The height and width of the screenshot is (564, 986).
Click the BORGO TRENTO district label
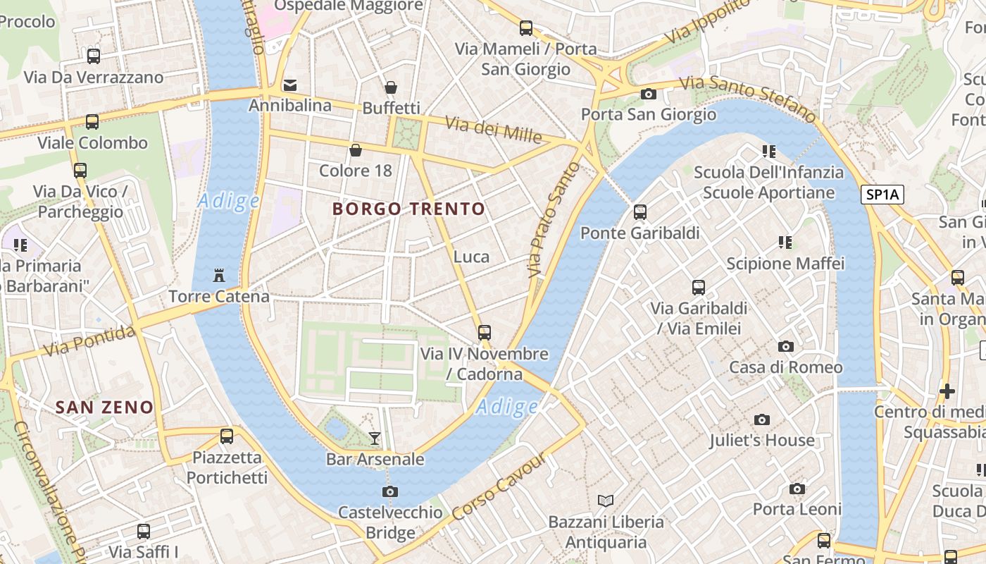(x=408, y=209)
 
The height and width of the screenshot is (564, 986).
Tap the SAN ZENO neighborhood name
(x=104, y=407)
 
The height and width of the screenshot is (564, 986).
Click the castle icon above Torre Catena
(x=218, y=274)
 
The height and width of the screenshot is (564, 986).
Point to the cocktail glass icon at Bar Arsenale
(x=375, y=438)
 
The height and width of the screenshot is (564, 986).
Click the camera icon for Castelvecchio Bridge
(x=390, y=491)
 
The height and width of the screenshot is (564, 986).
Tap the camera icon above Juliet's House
(x=761, y=419)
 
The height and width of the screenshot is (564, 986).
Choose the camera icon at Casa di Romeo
(x=785, y=346)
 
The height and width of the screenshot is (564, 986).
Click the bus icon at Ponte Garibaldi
(x=639, y=211)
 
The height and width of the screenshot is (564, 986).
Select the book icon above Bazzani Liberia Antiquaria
(x=606, y=501)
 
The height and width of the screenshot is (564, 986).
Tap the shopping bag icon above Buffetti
(x=391, y=87)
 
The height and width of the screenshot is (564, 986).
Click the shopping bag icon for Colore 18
(x=356, y=150)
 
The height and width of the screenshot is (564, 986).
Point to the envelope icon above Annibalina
(x=289, y=85)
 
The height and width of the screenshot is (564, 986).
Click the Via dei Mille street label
(x=493, y=129)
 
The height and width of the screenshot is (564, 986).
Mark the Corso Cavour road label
(x=499, y=486)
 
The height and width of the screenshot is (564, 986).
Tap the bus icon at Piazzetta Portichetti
(x=227, y=436)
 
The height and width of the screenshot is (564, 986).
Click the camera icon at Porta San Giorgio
(x=648, y=94)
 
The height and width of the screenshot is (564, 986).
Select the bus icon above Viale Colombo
(x=92, y=121)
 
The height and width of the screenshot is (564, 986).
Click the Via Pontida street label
(x=89, y=341)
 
